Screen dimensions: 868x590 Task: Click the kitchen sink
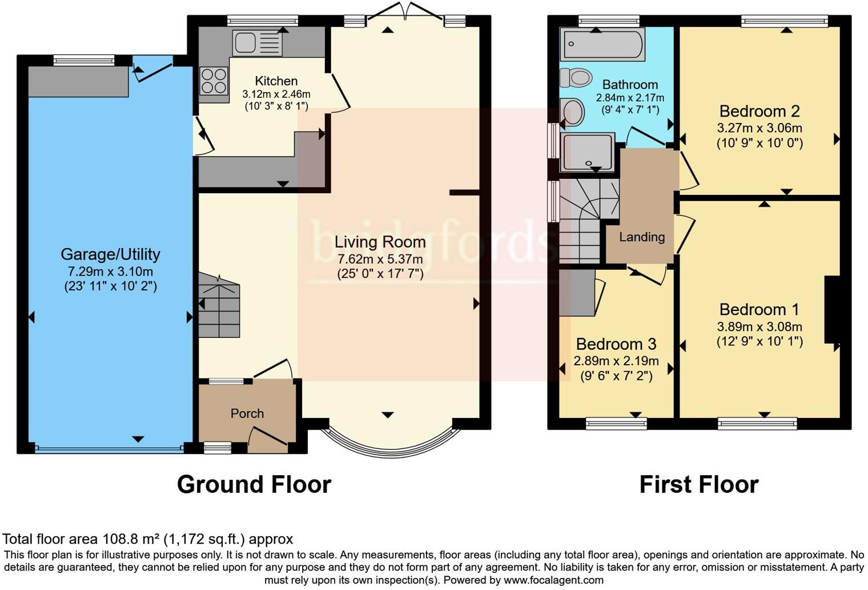coord(258,43)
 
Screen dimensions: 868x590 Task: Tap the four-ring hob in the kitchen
coord(214,81)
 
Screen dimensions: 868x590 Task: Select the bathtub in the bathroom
coord(602,44)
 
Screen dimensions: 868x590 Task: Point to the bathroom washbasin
coord(572,112)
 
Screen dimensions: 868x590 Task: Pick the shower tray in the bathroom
coord(587,152)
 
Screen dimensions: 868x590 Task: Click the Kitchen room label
coord(276,81)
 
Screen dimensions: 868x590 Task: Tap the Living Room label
coord(380,242)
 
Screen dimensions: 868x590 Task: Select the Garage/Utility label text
coord(110,254)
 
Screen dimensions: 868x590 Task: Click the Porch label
coord(247,413)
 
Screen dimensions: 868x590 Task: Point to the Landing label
coord(642,237)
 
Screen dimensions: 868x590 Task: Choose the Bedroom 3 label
coord(616,344)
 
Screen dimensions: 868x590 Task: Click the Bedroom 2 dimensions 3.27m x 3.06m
coord(759,127)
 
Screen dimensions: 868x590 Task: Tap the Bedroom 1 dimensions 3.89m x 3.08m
coord(759,326)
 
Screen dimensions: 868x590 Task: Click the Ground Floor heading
coord(254,484)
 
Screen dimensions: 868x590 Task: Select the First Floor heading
coord(699,484)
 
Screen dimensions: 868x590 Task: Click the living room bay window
coord(391,453)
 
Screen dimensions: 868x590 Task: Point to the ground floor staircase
coord(219,305)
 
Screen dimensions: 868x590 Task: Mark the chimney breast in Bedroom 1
coord(832,309)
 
